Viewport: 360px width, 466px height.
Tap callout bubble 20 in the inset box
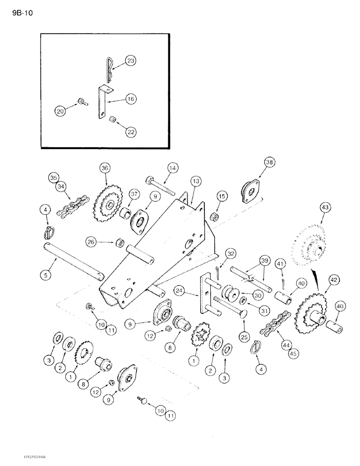pyautogui.click(x=61, y=111)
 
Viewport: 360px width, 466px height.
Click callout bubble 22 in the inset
pyautogui.click(x=131, y=131)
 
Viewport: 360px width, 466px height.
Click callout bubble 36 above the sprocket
pyautogui.click(x=104, y=168)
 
